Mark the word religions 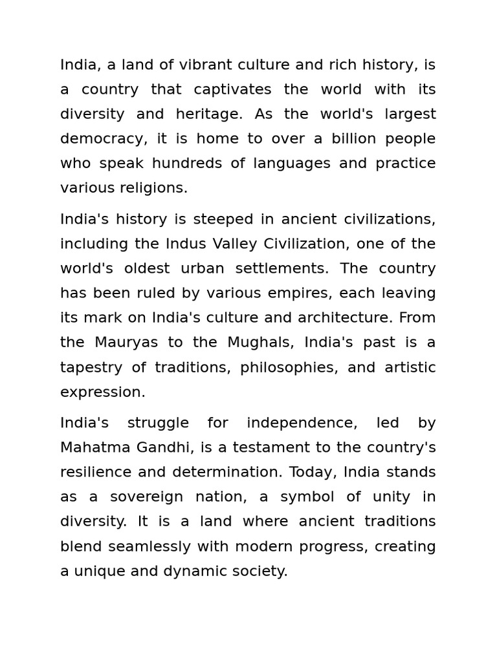point(153,188)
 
